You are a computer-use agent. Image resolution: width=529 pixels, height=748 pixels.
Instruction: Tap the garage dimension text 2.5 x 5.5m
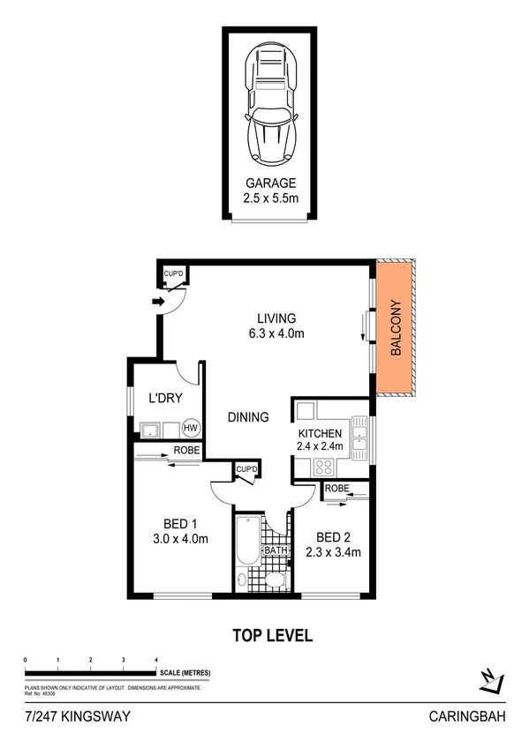[x=271, y=199]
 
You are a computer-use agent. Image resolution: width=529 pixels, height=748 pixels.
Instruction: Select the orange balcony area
[x=396, y=328]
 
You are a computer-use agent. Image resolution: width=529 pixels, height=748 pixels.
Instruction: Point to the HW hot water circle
[x=190, y=429]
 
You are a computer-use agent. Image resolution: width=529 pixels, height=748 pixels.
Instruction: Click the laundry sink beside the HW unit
[x=150, y=430]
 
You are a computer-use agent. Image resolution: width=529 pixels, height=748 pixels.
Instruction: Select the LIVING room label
[x=276, y=318]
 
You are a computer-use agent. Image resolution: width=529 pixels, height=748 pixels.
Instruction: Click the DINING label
[x=246, y=417]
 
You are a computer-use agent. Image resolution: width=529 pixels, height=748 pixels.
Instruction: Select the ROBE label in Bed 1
[x=185, y=450]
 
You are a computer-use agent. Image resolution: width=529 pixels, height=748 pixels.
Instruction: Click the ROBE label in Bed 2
[x=336, y=488]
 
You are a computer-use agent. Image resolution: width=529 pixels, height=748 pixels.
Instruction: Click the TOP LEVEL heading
[x=272, y=635]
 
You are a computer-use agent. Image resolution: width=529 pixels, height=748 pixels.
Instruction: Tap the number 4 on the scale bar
[x=155, y=660]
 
